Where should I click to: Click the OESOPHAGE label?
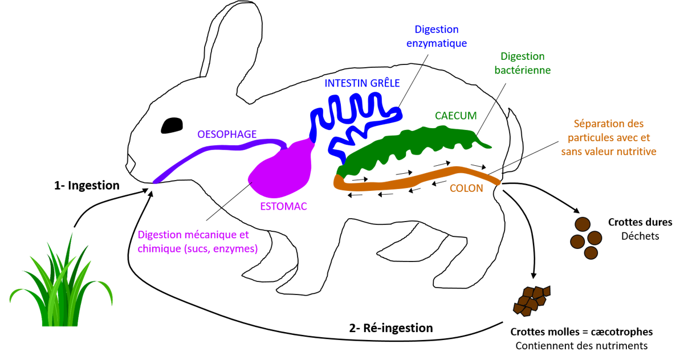coord(227,134)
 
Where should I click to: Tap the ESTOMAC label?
coord(283,207)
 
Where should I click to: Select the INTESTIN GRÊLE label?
coord(362,83)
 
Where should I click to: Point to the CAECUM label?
coord(455,116)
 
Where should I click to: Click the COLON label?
coord(466,189)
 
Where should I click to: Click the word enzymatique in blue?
coord(437,43)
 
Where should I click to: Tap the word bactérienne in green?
coord(522,71)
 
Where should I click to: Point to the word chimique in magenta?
coord(158,249)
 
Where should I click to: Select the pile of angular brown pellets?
coord(530,300)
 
